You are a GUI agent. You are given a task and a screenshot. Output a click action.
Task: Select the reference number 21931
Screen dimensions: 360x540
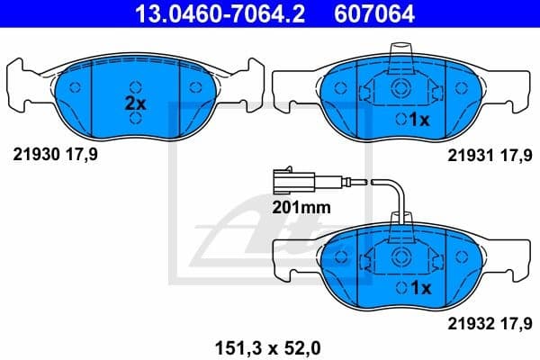[x=467, y=154]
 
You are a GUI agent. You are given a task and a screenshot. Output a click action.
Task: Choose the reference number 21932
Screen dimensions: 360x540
[x=467, y=322]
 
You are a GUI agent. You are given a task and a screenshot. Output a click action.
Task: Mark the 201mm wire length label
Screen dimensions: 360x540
[x=301, y=206]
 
